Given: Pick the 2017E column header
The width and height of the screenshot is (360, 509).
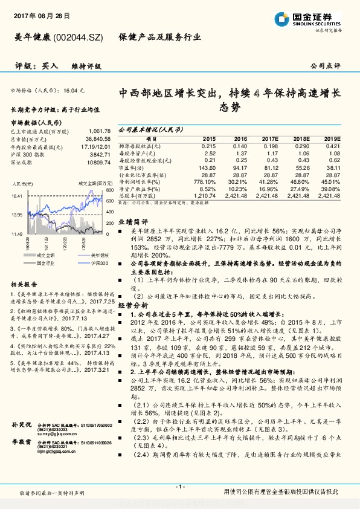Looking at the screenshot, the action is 270,138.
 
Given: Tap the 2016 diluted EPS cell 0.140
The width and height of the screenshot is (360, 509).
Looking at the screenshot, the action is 240,146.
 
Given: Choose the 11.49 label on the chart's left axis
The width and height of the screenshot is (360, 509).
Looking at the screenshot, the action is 16,233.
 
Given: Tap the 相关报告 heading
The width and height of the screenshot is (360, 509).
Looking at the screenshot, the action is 24,284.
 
